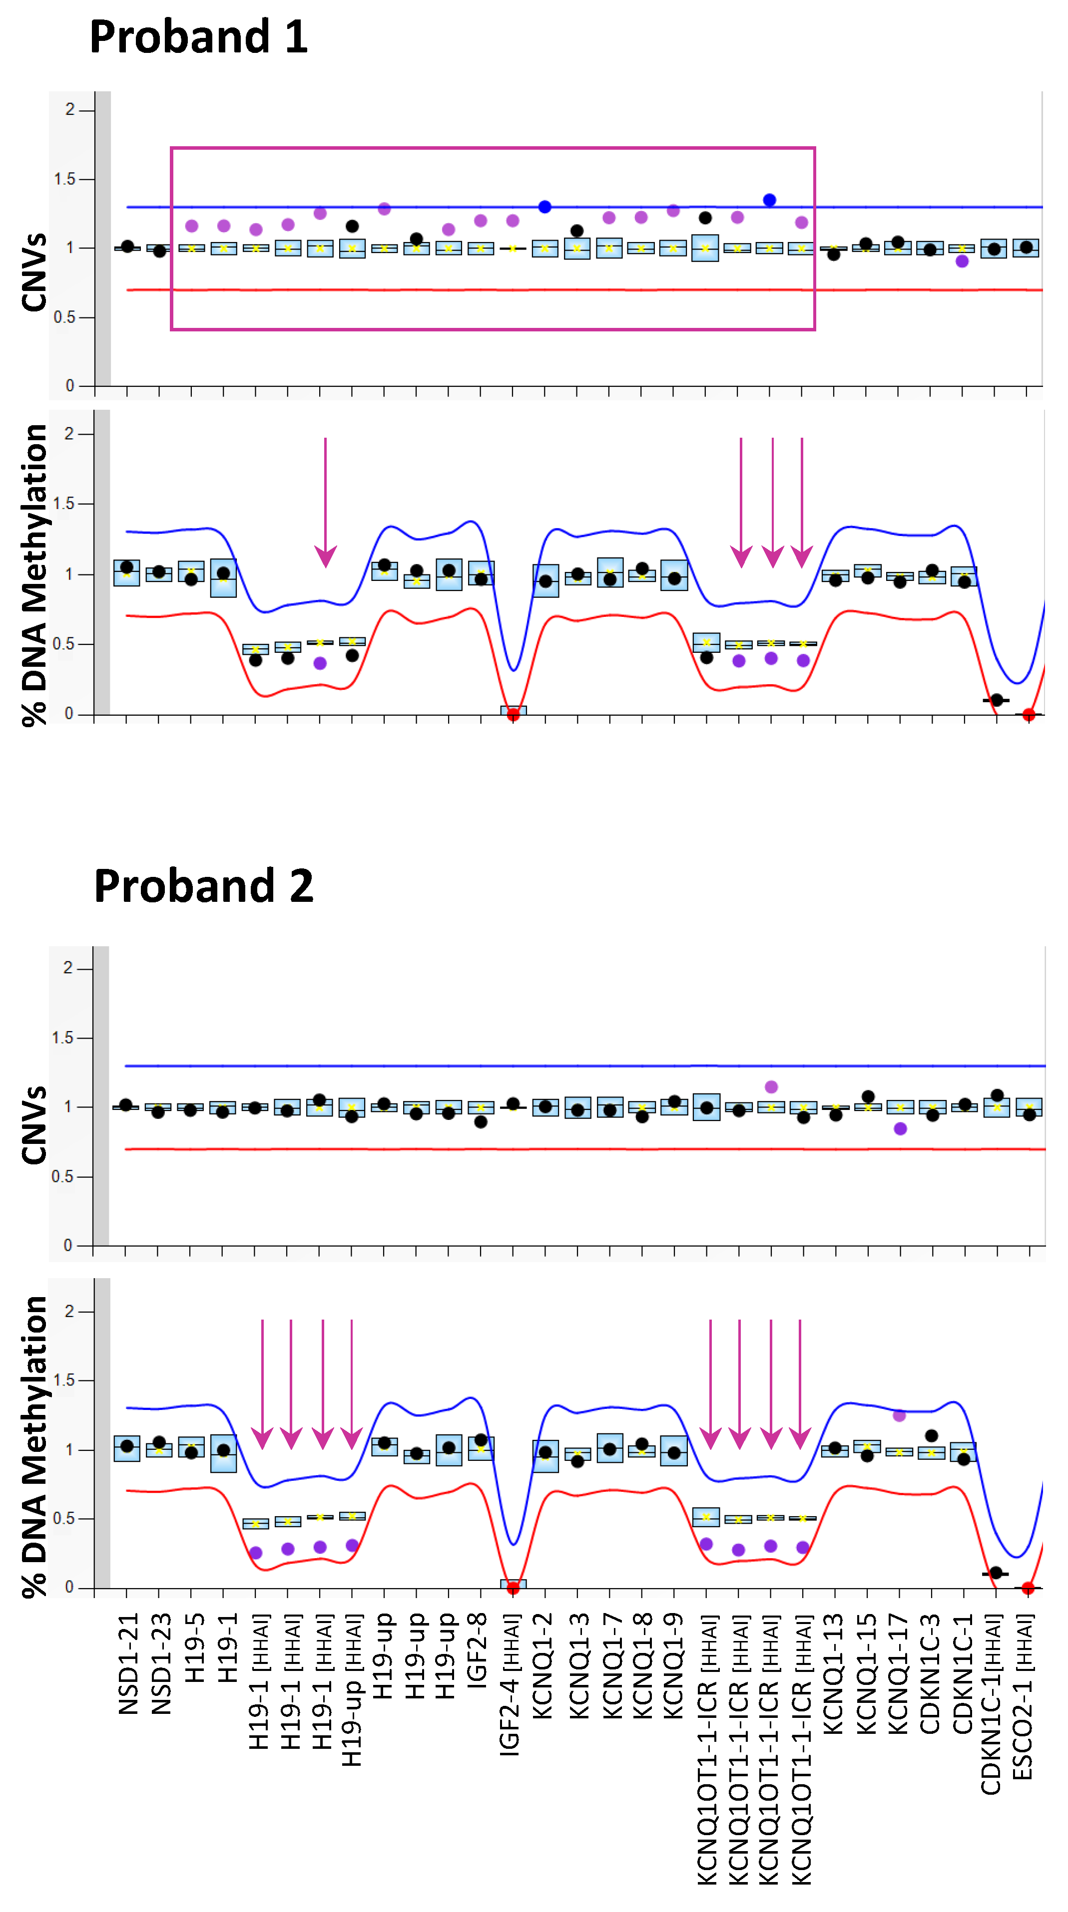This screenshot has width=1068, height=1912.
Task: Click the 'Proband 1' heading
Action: (198, 37)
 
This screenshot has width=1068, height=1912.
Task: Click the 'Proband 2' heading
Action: (203, 885)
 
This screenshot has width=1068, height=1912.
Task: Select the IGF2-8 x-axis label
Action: (477, 1649)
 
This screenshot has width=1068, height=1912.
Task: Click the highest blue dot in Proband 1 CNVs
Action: (769, 200)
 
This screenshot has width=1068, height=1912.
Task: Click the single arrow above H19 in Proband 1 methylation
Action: (325, 505)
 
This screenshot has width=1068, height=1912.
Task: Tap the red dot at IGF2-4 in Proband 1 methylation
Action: (513, 715)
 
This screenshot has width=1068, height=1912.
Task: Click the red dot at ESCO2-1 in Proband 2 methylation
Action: (1028, 1589)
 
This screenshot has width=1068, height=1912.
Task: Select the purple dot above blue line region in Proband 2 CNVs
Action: (771, 1087)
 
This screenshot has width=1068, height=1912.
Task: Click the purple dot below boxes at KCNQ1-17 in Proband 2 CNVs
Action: (900, 1128)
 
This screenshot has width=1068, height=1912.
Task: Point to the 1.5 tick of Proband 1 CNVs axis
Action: (65, 179)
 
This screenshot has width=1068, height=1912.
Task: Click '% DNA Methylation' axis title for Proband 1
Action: (34, 575)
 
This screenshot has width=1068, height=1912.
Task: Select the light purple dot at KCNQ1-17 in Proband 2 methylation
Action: (899, 1415)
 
